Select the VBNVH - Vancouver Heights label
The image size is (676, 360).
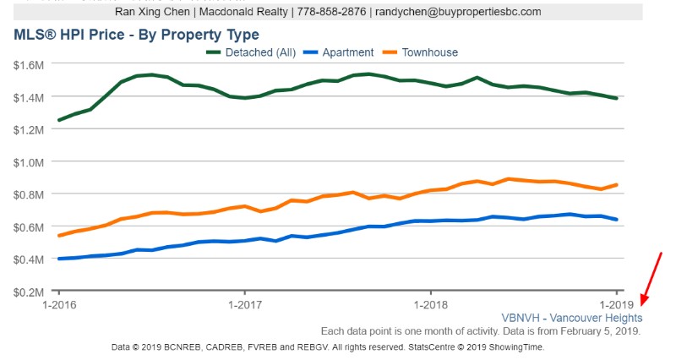point(571,319)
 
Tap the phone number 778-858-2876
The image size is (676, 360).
point(342,13)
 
